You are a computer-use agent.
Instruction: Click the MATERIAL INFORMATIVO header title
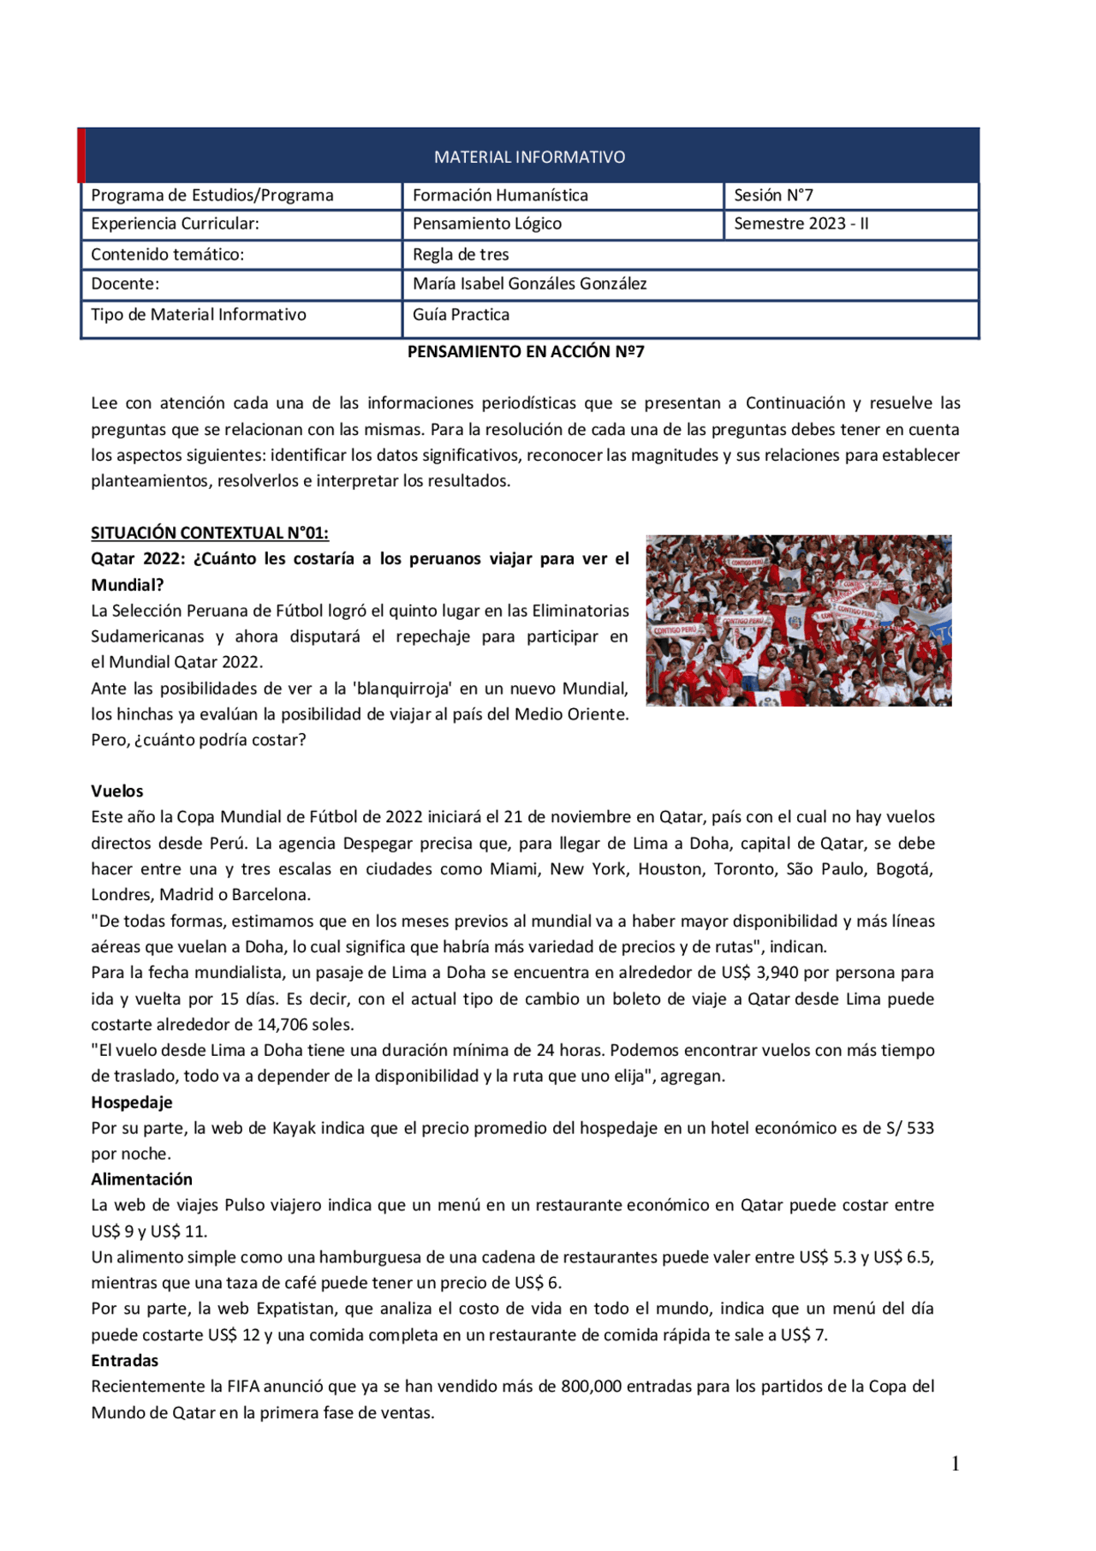point(529,157)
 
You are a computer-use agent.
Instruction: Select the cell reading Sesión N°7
point(772,195)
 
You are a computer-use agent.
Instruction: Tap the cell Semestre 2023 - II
point(801,224)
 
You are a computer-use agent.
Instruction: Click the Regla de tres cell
point(461,254)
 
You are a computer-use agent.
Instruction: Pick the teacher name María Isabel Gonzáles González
point(529,283)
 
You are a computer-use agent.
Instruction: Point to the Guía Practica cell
point(461,314)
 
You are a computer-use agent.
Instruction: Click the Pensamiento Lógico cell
point(486,224)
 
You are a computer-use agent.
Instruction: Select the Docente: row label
point(125,283)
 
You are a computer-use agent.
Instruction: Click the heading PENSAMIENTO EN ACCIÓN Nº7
point(526,351)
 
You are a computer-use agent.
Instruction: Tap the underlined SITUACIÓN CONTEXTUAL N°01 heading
point(210,533)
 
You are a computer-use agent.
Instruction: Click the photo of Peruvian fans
point(798,620)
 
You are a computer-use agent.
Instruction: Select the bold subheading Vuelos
point(117,791)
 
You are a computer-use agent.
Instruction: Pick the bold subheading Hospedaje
point(132,1102)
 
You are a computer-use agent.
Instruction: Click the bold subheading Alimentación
point(141,1179)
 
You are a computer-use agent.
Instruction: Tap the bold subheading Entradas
point(125,1360)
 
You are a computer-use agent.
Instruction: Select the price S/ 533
point(909,1128)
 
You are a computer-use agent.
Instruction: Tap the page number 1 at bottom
point(955,1464)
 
